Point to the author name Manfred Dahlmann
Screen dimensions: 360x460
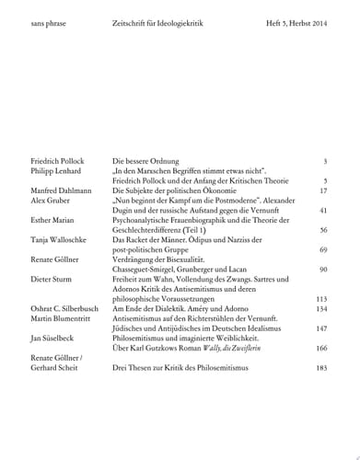click(x=62, y=190)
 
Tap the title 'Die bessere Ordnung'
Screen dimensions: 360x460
click(x=144, y=160)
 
